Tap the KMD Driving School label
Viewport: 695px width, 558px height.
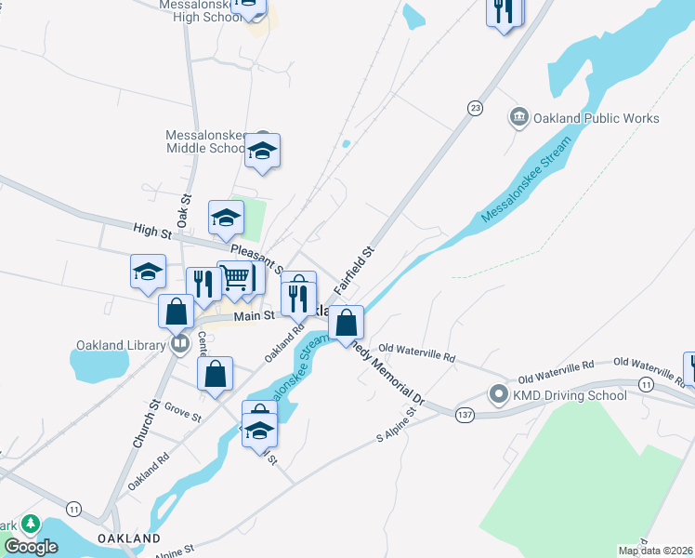570,394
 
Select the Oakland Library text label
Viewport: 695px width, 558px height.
112,345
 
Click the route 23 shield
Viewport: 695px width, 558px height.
476,108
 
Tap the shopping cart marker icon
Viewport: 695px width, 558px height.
235,277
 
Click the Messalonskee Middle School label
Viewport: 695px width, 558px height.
206,141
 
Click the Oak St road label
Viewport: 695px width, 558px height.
184,211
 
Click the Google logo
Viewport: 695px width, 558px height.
31,547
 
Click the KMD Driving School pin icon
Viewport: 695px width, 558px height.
499,394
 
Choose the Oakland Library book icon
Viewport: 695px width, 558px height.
180,344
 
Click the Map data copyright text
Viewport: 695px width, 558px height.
656,551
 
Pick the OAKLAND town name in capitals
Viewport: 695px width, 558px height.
128,538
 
